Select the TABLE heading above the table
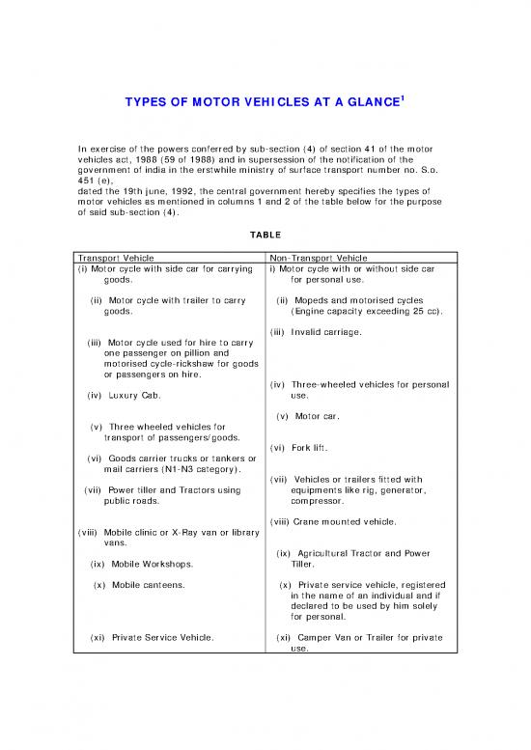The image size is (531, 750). pyautogui.click(x=265, y=233)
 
